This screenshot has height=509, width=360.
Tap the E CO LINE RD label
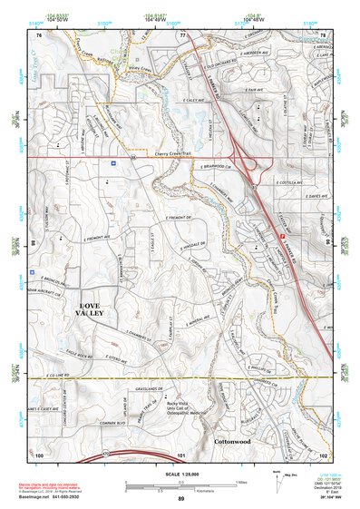click(56, 374)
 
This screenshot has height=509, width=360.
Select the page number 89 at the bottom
click(181, 499)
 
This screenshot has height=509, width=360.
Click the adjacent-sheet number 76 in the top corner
click(39, 34)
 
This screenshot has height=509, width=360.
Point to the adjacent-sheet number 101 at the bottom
click(181, 454)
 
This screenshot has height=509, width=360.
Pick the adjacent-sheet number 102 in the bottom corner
click(323, 454)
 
